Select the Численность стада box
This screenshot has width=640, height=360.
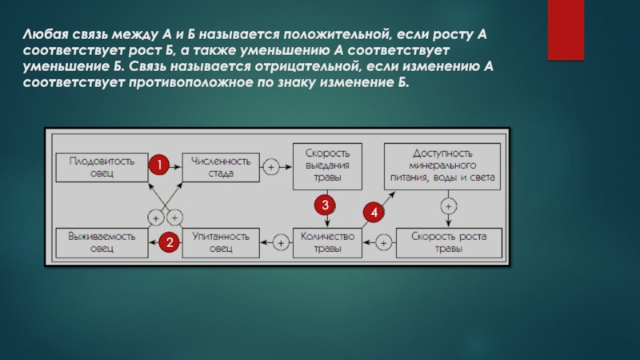[222, 167]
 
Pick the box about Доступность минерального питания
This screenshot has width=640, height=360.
[442, 166]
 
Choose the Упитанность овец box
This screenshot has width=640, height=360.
[222, 242]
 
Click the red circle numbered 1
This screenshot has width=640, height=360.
[158, 166]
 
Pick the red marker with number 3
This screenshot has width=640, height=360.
[326, 206]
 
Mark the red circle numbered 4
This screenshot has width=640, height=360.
[374, 213]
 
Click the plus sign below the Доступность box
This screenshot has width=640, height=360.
[450, 206]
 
